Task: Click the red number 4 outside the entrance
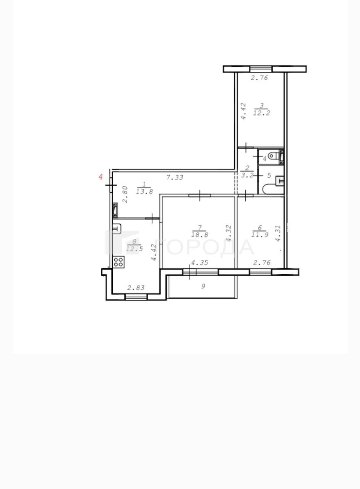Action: click(101, 176)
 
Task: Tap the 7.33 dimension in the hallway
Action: click(175, 178)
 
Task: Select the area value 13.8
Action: click(144, 192)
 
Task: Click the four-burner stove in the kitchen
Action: click(118, 262)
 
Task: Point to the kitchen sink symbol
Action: click(117, 228)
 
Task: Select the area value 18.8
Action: click(199, 235)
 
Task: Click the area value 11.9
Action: click(260, 235)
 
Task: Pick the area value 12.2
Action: click(261, 113)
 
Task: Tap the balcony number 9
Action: click(203, 286)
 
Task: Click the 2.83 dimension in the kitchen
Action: click(136, 288)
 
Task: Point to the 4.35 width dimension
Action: click(199, 262)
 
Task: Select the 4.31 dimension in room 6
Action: click(278, 233)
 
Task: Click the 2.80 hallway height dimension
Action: click(125, 194)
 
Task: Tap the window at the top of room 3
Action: click(261, 69)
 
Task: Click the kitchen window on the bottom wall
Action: click(136, 297)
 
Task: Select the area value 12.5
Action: click(135, 249)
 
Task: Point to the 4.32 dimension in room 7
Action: click(229, 233)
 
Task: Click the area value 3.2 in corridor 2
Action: click(247, 175)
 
